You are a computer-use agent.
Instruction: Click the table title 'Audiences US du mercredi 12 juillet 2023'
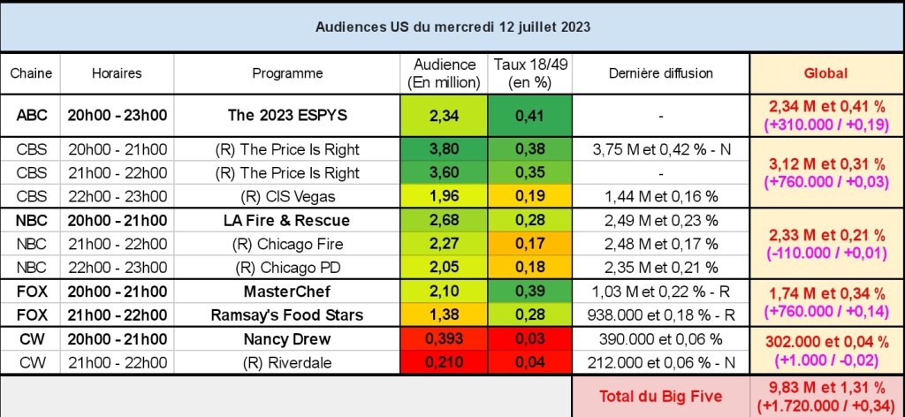coord(452,27)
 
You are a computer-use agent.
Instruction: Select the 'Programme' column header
coord(287,73)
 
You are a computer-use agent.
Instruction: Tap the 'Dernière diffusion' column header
coord(661,73)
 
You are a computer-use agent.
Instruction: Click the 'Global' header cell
coord(825,73)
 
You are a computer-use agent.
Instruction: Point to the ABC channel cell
coord(32,114)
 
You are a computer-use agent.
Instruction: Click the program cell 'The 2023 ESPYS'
coord(287,114)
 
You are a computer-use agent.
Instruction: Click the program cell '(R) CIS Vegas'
coord(287,196)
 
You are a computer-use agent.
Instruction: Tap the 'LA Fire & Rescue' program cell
coord(287,220)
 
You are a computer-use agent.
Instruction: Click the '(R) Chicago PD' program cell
coord(287,268)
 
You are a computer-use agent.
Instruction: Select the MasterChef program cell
coord(287,292)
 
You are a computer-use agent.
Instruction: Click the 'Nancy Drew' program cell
coord(287,339)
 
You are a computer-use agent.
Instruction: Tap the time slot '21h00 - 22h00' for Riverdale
coord(118,362)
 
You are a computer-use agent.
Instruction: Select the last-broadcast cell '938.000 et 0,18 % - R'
coord(661,315)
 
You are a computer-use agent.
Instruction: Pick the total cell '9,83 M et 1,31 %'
coord(825,389)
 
